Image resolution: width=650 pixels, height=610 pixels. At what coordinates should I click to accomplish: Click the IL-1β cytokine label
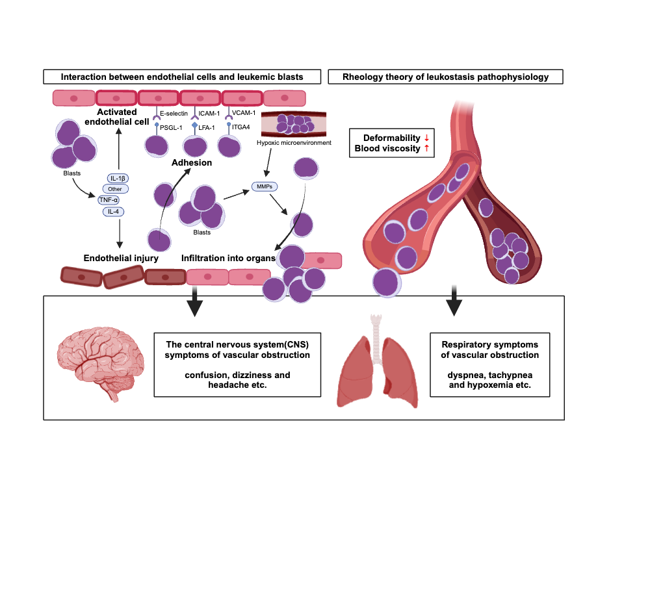[118, 177]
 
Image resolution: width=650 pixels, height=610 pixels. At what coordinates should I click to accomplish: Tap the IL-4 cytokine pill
[114, 211]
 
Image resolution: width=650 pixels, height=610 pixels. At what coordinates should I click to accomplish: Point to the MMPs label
[264, 187]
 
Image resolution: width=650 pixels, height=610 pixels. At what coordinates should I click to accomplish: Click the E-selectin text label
[174, 114]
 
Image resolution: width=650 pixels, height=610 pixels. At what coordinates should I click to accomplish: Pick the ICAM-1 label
[210, 114]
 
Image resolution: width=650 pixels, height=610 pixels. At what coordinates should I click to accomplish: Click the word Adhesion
[192, 162]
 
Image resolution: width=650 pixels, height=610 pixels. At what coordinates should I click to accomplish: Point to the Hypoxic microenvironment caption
[294, 142]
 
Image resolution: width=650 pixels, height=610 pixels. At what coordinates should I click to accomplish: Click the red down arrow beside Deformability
[426, 138]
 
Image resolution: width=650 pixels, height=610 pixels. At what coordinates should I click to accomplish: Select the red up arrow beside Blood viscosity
[426, 149]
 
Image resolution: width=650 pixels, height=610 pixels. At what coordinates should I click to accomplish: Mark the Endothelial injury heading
[121, 258]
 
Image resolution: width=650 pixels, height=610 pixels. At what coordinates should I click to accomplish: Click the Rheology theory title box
[445, 77]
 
